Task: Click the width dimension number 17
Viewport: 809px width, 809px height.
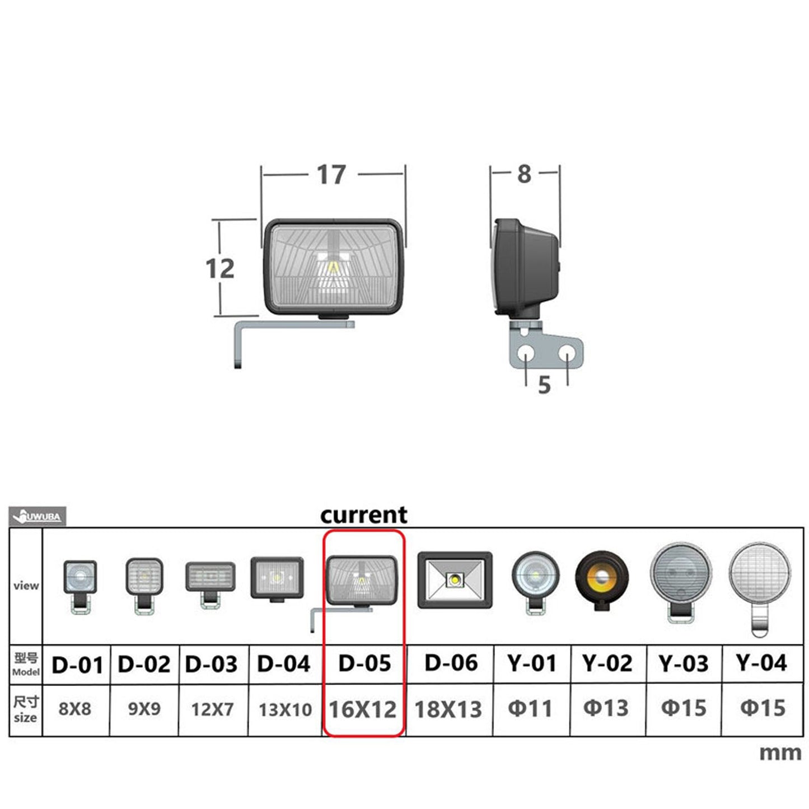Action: pos(331,175)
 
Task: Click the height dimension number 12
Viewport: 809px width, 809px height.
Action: pos(220,269)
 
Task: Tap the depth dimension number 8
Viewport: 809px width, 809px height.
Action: pos(524,174)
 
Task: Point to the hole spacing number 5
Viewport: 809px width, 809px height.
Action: pos(544,385)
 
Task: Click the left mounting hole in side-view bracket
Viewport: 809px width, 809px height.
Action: pos(526,353)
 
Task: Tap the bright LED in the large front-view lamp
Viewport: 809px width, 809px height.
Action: pos(333,268)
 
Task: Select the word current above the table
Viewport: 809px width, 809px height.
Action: pos(364,515)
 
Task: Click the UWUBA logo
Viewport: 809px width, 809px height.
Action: pos(38,516)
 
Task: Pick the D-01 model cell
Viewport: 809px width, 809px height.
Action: pos(77,665)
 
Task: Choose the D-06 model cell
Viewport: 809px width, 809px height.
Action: pos(451,663)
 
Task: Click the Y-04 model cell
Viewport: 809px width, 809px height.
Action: pos(761,663)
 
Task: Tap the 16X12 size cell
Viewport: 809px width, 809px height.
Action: pos(363,709)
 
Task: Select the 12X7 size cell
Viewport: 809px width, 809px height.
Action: pos(212,709)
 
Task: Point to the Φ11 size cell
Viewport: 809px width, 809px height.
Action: pos(530,709)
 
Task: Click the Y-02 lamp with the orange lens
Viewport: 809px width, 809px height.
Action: pos(602,578)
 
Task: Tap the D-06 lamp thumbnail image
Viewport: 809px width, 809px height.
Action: pos(455,579)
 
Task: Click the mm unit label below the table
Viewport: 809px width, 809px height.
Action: pos(780,752)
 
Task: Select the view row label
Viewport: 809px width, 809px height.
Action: pos(26,586)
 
